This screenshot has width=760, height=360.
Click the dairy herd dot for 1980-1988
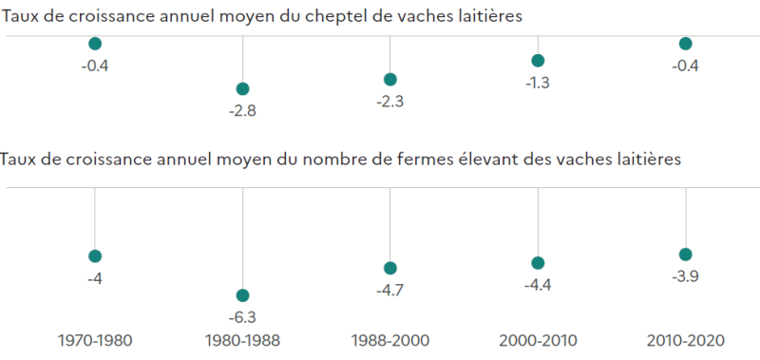tap(243, 88)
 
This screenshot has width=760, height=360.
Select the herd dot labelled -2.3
tap(390, 80)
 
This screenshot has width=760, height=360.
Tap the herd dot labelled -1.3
tap(538, 61)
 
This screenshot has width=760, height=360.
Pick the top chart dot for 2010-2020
tap(685, 44)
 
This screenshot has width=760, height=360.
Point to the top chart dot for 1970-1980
tap(95, 44)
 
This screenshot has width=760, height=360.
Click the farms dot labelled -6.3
tap(243, 295)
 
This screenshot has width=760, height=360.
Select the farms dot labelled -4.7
tap(390, 268)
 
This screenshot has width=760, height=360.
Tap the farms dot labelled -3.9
tap(685, 254)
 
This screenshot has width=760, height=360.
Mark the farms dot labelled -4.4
tap(538, 263)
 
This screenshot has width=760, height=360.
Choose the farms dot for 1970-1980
tap(95, 256)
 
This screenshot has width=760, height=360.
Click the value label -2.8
tap(243, 110)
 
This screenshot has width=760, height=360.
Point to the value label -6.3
tap(243, 317)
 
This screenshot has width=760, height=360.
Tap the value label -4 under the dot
tap(95, 277)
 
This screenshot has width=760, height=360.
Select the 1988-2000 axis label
tap(390, 341)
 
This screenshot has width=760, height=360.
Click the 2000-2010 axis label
tap(538, 341)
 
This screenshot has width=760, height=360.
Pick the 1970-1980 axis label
tap(95, 341)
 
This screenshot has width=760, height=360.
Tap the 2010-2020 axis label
tap(685, 341)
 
